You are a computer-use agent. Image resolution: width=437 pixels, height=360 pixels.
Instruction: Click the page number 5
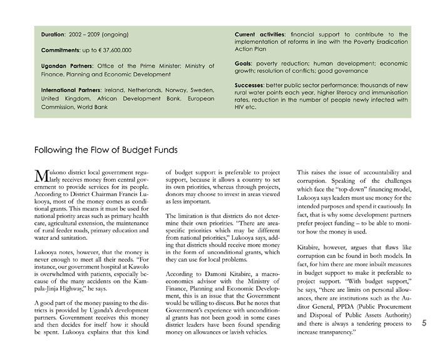coord(423,324)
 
